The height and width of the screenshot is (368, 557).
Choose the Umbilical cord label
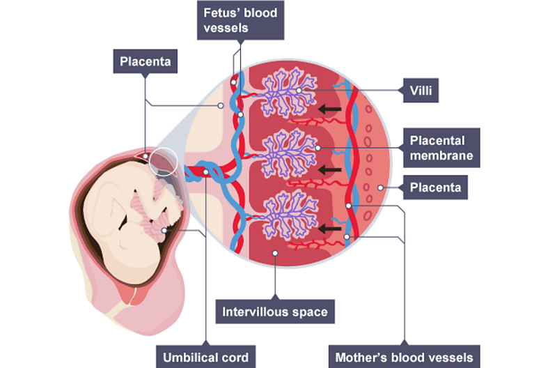point(205,358)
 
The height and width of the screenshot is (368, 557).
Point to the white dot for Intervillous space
point(276,253)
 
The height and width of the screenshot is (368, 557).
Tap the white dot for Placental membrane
point(317,148)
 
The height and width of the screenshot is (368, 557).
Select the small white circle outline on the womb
point(164,162)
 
